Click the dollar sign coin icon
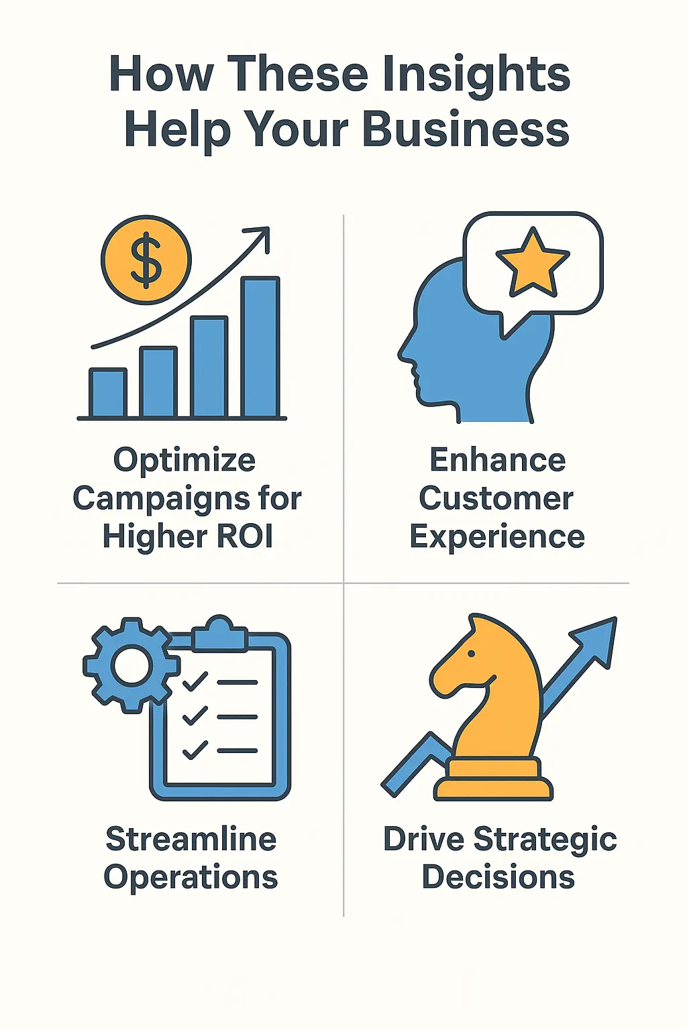(x=146, y=260)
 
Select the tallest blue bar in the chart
(x=260, y=347)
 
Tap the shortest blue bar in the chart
(x=108, y=394)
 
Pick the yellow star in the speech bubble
(x=532, y=264)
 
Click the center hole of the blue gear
(x=131, y=665)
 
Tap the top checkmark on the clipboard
(x=195, y=682)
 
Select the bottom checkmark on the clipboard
(x=195, y=750)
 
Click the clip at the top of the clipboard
(x=219, y=634)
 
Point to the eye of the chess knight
(x=472, y=653)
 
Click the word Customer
(x=496, y=498)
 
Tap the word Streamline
(x=191, y=839)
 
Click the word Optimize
(x=184, y=461)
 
